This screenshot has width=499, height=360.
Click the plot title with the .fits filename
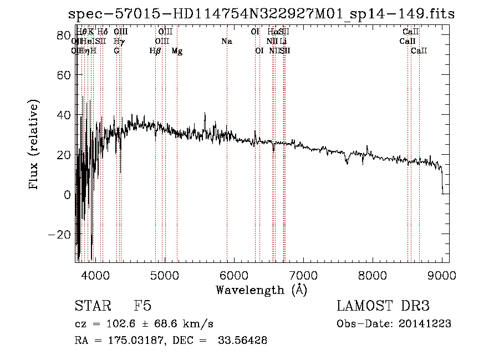click(261, 14)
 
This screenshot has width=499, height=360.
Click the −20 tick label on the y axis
click(59, 235)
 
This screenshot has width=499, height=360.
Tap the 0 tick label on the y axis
click(66, 195)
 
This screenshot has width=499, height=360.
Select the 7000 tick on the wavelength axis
click(303, 274)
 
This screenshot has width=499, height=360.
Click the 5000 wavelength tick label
click(164, 274)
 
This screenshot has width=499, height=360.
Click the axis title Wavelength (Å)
click(261, 290)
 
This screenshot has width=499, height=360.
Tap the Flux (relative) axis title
click(34, 146)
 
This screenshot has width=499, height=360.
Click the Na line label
click(226, 42)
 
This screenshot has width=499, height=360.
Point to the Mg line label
click(177, 51)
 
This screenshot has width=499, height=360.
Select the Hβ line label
click(155, 51)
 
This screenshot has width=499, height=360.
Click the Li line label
click(283, 42)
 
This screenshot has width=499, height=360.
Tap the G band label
click(116, 51)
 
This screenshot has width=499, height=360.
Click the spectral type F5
click(143, 306)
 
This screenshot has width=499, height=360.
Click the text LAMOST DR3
click(383, 306)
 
